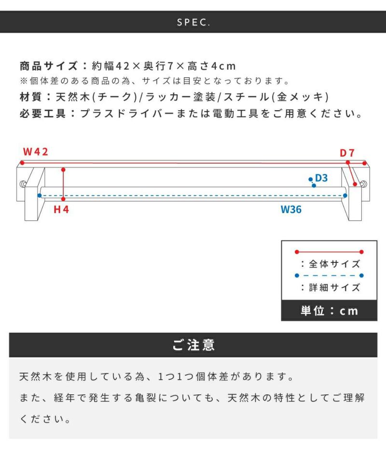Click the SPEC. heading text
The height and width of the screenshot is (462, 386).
pyautogui.click(x=193, y=22)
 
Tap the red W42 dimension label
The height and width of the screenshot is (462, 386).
pyautogui.click(x=35, y=152)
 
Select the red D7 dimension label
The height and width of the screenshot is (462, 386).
pyautogui.click(x=347, y=153)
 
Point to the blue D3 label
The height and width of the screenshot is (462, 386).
pyautogui.click(x=321, y=178)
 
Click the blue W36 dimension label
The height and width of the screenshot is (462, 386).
pyautogui.click(x=291, y=209)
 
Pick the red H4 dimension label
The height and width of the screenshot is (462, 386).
pyautogui.click(x=61, y=209)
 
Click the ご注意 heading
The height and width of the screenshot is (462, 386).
pyautogui.click(x=193, y=345)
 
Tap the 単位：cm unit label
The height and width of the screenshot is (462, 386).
pyautogui.click(x=329, y=311)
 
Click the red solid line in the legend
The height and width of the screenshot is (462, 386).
pyautogui.click(x=329, y=252)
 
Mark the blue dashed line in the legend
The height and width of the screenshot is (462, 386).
pyautogui.click(x=329, y=275)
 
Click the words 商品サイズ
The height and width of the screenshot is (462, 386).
pyautogui.click(x=49, y=66)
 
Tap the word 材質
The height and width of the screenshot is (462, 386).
pyautogui.click(x=31, y=97)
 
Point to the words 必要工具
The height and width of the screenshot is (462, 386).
pyautogui.click(x=42, y=114)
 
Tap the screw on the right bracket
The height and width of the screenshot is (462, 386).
pyautogui.click(x=363, y=184)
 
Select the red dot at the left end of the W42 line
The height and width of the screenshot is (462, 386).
pyautogui.click(x=22, y=163)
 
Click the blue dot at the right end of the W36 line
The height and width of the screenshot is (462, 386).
pyautogui.click(x=345, y=195)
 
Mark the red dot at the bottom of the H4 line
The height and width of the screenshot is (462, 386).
pyautogui.click(x=63, y=199)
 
